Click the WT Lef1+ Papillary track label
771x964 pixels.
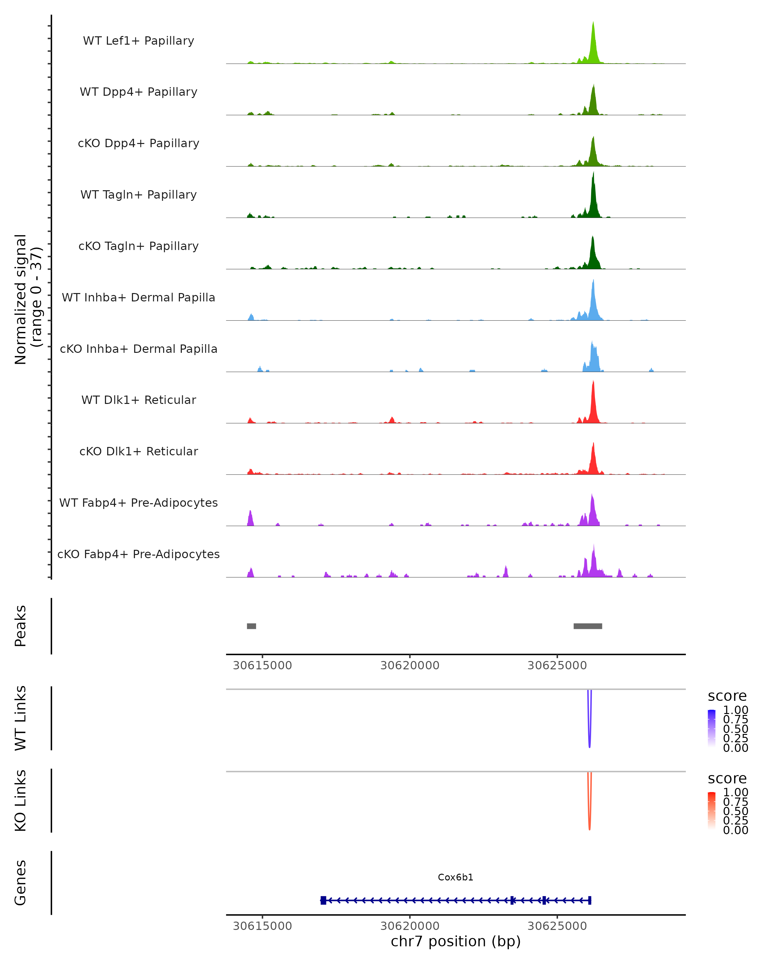point(138,41)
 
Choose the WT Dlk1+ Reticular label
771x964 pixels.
point(138,400)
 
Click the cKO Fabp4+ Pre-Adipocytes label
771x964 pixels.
point(138,554)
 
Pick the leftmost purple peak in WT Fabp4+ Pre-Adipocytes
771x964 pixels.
point(250,519)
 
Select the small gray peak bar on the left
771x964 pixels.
point(251,626)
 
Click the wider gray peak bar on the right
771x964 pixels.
point(588,626)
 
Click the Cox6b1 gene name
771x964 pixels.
point(456,877)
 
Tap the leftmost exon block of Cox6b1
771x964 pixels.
point(323,900)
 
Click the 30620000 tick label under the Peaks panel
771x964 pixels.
point(410,665)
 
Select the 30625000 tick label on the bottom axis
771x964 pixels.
point(557,926)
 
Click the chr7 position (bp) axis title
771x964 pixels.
point(456,942)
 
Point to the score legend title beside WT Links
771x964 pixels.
point(727,696)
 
